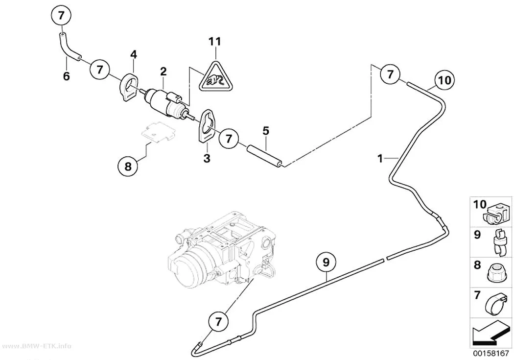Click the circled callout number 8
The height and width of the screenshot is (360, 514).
[128, 166]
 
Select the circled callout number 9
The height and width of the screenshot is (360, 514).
[326, 262]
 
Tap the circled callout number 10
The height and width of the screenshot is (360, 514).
[444, 80]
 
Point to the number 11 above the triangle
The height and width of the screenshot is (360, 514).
[215, 42]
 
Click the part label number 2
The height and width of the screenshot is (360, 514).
[163, 71]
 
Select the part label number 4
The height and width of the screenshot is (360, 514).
[134, 54]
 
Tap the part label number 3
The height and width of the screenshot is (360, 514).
[207, 158]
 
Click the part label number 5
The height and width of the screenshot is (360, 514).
[265, 131]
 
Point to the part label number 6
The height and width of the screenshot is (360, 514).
[66, 76]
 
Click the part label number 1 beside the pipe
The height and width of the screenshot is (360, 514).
[380, 159]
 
